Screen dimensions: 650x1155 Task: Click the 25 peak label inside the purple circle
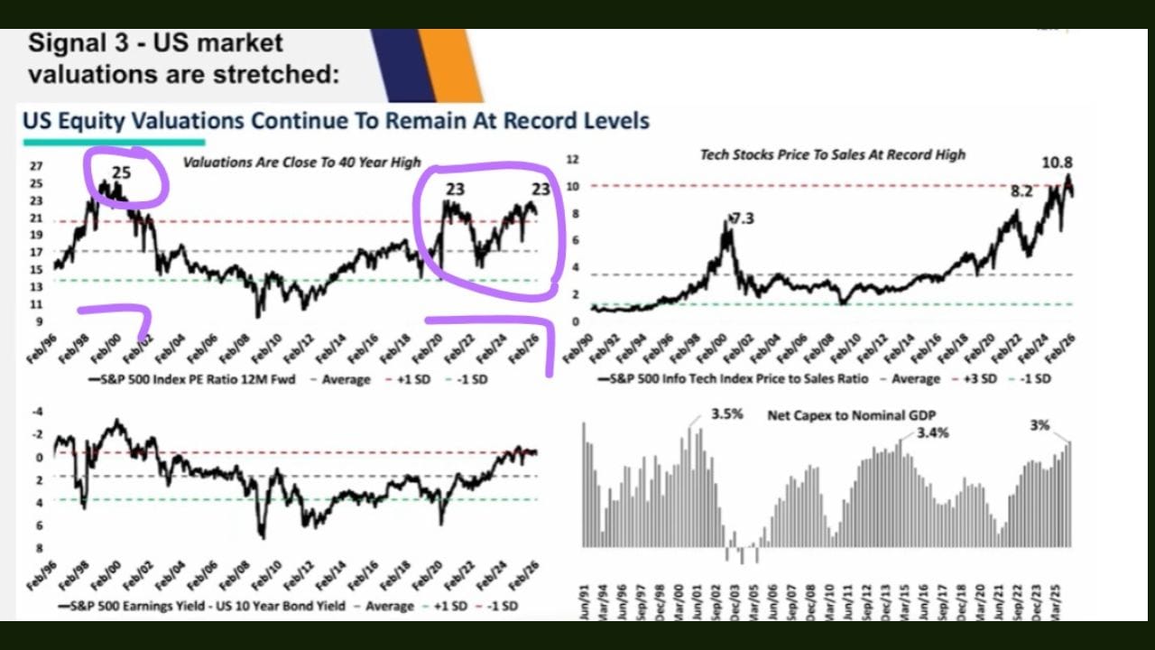(x=121, y=172)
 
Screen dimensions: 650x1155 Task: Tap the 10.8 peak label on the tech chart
(x=1057, y=162)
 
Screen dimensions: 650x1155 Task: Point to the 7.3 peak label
(x=744, y=219)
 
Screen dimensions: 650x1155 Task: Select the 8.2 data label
(x=1021, y=191)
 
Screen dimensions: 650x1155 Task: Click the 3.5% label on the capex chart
(x=727, y=414)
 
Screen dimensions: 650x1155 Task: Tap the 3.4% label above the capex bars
(x=933, y=433)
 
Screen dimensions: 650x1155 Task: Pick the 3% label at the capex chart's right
(x=1039, y=424)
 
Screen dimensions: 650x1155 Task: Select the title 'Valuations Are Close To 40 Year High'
(x=301, y=162)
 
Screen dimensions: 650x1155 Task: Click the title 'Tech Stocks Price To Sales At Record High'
(x=832, y=154)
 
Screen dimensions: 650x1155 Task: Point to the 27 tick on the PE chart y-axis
(x=36, y=166)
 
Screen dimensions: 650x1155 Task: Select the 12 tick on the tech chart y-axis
(x=570, y=160)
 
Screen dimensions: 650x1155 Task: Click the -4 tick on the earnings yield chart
(x=37, y=412)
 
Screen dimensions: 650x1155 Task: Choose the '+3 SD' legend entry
(x=975, y=379)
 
